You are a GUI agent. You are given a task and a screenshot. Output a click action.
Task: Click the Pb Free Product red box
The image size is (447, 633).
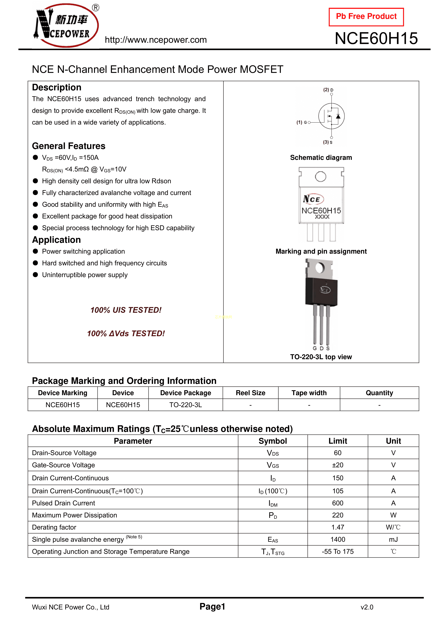tap(366, 17)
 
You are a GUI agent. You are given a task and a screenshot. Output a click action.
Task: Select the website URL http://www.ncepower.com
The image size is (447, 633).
tap(156, 40)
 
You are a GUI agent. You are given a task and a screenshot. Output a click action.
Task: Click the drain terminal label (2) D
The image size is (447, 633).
tap(328, 90)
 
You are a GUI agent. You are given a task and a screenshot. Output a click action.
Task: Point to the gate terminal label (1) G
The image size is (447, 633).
tap(302, 122)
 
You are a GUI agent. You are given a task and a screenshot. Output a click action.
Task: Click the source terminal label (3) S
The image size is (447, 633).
tap(328, 142)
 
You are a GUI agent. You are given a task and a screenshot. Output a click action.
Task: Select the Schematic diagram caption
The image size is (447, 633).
tap(321, 158)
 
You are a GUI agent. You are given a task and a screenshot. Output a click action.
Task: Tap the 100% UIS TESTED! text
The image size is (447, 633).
tap(126, 310)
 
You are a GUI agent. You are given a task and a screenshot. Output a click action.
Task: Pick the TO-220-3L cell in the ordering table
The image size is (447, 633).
tap(185, 405)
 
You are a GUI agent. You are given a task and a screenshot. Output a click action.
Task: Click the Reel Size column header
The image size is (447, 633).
tap(250, 393)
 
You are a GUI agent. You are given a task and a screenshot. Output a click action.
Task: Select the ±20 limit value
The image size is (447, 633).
tap(338, 465)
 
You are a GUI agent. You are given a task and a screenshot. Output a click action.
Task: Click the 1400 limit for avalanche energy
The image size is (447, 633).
tap(338, 540)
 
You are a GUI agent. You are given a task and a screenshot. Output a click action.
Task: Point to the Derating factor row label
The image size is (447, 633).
tap(54, 527)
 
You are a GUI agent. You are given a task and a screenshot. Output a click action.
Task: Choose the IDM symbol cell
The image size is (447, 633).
tap(273, 503)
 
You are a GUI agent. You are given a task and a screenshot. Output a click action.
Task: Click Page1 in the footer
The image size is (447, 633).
tap(212, 606)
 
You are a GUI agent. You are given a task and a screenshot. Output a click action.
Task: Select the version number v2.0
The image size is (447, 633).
tap(367, 607)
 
